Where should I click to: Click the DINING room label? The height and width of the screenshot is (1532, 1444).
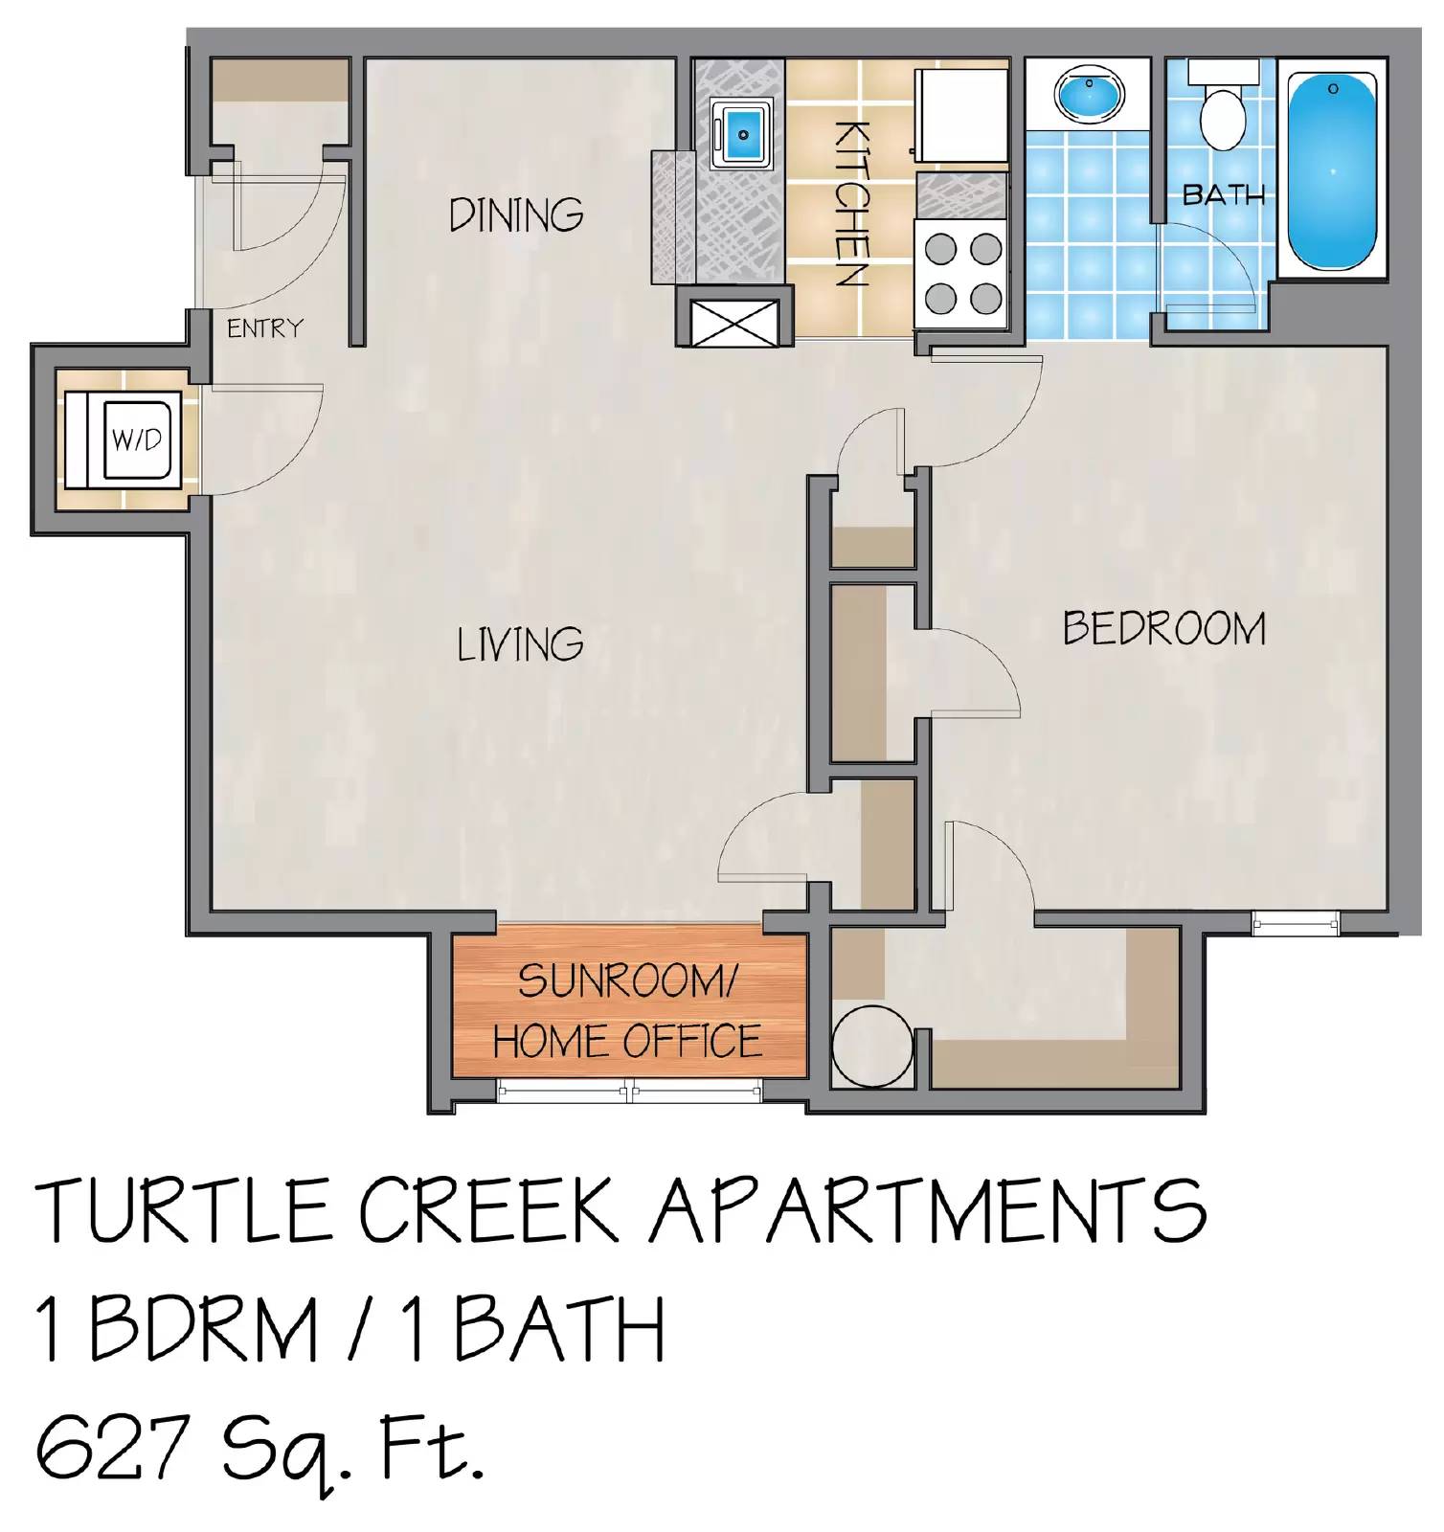[516, 214]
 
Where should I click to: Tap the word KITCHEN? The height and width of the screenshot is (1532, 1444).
[849, 204]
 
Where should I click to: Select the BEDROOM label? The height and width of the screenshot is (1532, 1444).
[1163, 628]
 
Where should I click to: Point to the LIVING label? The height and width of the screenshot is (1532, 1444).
[520, 643]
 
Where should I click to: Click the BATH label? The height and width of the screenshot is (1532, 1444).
[1223, 195]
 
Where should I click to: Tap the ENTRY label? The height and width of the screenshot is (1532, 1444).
[264, 328]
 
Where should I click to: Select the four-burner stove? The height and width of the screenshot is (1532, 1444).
[960, 274]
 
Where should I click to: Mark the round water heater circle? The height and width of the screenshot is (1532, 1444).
[869, 1048]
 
